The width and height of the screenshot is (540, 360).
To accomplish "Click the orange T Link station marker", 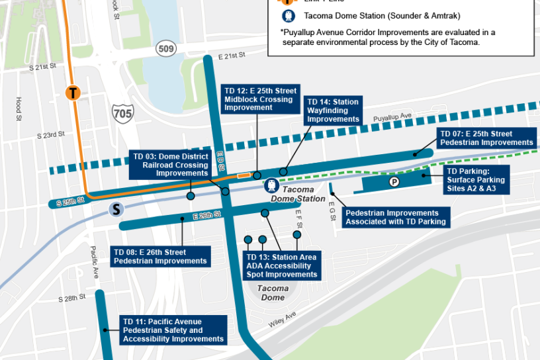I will (73, 93).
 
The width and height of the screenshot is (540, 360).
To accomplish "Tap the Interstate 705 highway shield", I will (122, 112).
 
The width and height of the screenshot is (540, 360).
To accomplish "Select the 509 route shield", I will (165, 48).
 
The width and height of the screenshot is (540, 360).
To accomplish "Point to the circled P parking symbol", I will (394, 181).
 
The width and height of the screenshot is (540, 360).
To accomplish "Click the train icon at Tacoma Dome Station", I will (271, 185).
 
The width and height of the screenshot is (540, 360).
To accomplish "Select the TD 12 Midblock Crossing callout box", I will (259, 99).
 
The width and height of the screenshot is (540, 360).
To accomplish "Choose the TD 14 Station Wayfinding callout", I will (333, 111).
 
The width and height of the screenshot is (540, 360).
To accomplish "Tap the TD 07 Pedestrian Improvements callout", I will (486, 138).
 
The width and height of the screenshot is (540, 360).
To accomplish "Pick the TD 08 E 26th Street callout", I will (160, 257).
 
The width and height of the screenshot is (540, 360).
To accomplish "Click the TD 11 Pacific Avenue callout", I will (173, 330).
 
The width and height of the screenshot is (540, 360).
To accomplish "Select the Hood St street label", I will (19, 105).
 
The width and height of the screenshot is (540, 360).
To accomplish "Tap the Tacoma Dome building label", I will (273, 292).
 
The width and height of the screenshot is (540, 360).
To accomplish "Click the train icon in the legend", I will (289, 16).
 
